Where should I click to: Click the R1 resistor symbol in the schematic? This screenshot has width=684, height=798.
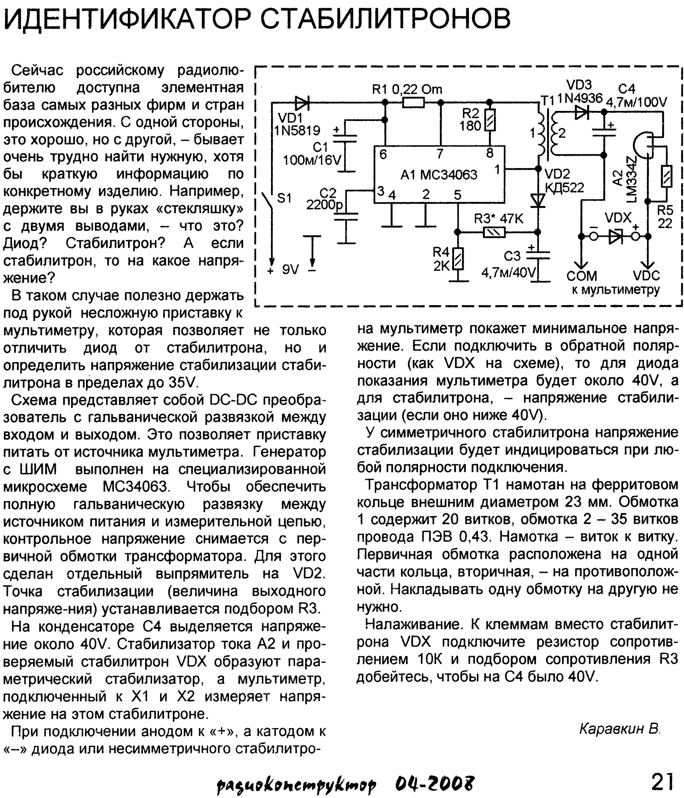[x=413, y=102]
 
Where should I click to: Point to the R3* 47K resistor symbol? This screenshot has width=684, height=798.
[x=494, y=232]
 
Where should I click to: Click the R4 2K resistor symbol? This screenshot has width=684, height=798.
[x=458, y=259]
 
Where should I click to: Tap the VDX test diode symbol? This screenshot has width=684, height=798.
[x=615, y=236]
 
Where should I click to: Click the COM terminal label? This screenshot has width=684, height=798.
[x=581, y=276]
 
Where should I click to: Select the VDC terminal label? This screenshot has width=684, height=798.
[x=646, y=276]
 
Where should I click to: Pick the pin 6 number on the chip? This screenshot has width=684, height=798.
[x=383, y=154]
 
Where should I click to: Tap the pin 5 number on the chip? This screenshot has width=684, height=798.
[x=457, y=195]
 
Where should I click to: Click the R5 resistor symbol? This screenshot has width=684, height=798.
[x=667, y=176]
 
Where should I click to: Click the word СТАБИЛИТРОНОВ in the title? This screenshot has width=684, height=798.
[x=385, y=18]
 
